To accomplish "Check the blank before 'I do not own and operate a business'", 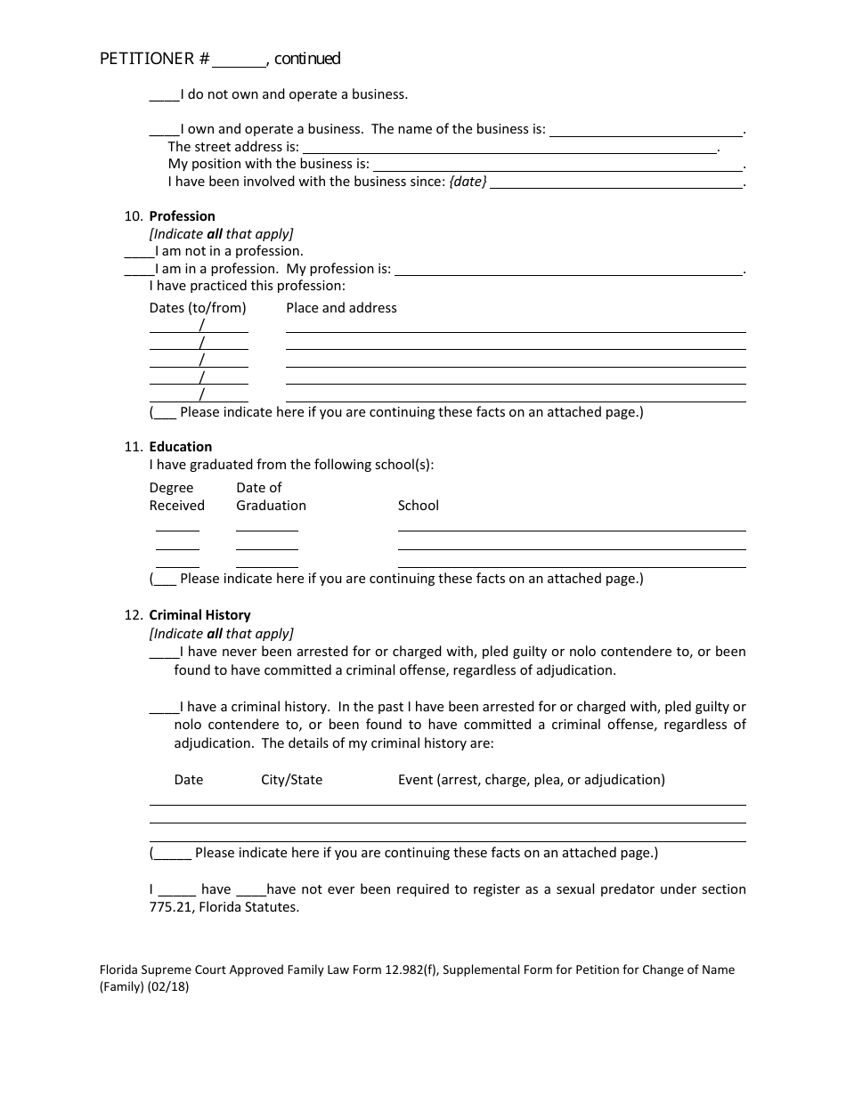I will tap(164, 94).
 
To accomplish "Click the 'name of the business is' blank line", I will tap(646, 130).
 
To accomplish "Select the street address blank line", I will tap(509, 148).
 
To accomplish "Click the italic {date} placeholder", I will tap(468, 182).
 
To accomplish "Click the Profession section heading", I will tap(182, 216).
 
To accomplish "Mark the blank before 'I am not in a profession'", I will tap(139, 252).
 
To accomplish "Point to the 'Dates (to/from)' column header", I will tap(198, 308).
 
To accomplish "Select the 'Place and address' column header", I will tap(341, 308).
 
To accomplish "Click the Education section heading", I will tap(181, 447).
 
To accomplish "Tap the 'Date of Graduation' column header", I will tap(271, 497).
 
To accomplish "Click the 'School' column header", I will tap(418, 506).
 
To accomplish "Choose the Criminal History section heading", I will tap(199, 615).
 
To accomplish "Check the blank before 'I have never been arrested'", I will tap(164, 653).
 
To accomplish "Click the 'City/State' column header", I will tap(291, 780).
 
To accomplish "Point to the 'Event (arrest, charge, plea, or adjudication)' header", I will tap(531, 780).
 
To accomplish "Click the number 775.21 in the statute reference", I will tap(171, 907).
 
